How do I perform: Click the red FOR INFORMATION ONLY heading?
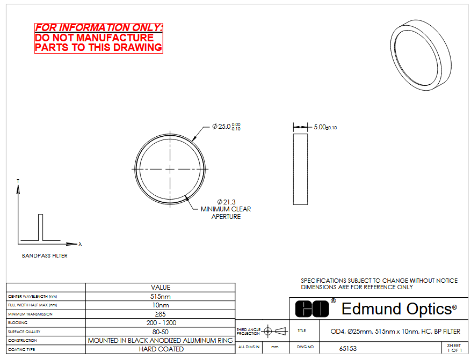click(x=98, y=27)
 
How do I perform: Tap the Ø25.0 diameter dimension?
click(x=226, y=127)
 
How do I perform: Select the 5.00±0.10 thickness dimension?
click(x=325, y=127)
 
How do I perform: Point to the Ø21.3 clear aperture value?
click(x=227, y=202)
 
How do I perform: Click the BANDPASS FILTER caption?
click(x=45, y=255)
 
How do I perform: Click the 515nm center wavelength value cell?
click(x=161, y=296)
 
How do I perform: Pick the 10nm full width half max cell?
click(x=161, y=305)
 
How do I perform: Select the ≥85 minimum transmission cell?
click(x=161, y=314)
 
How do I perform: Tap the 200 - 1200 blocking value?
click(x=161, y=323)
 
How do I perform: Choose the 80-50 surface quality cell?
click(x=161, y=332)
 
